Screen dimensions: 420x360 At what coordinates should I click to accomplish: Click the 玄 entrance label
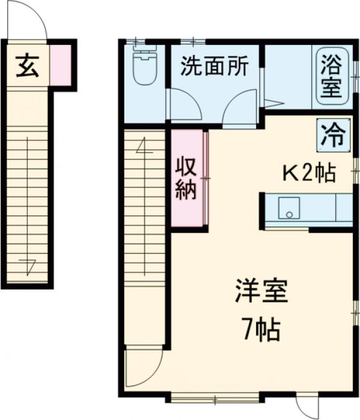click(x=26, y=65)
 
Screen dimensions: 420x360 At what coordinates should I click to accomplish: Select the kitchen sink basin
click(x=289, y=208)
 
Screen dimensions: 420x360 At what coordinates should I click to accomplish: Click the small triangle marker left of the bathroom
click(x=269, y=103)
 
